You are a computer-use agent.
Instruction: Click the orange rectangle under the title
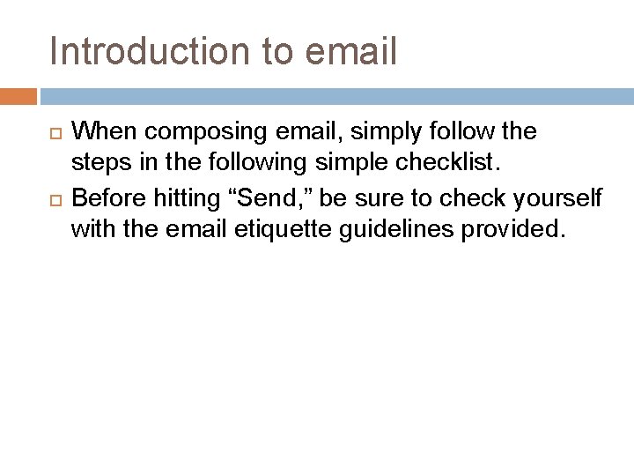(18, 95)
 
